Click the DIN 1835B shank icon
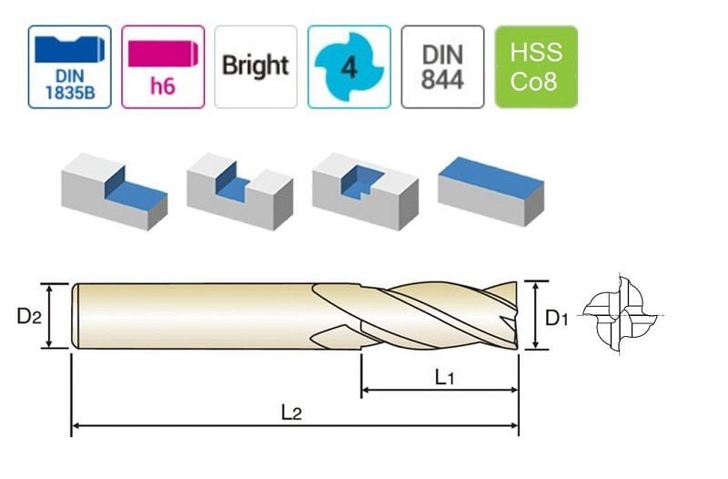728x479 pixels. point(69,66)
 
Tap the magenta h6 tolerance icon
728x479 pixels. point(162,66)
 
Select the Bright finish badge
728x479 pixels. point(255,66)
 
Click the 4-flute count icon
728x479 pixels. point(349,66)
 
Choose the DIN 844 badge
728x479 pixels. point(441,66)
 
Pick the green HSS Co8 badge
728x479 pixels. point(535,66)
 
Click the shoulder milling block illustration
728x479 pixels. point(114,191)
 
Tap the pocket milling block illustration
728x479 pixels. point(364,189)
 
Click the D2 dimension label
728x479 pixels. point(30,316)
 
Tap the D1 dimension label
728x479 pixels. point(557,319)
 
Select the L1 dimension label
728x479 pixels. point(443,376)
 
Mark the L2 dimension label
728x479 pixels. point(290,412)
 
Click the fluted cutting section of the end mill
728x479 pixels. point(428,315)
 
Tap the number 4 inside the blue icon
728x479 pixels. point(349,67)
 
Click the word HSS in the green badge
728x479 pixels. point(535,52)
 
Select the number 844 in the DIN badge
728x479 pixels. point(441,79)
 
